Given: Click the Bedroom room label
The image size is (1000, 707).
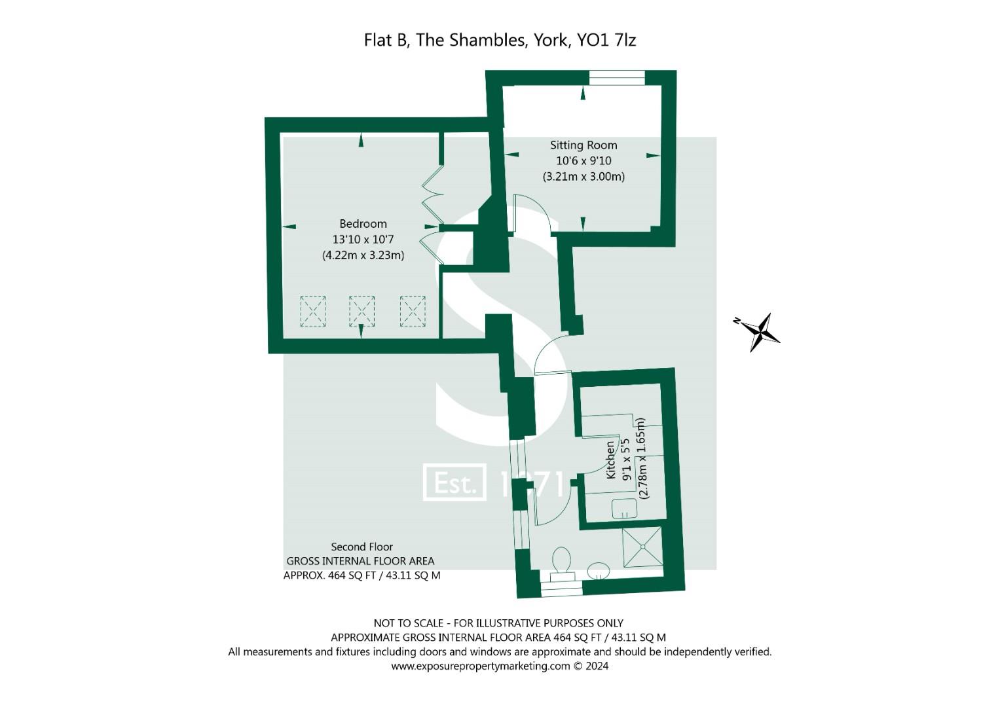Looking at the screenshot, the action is (363, 224).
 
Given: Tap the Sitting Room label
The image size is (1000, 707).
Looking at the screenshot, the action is (583, 145).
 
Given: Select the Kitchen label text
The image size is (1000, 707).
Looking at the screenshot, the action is (610, 460).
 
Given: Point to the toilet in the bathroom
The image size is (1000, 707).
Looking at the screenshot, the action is (562, 564).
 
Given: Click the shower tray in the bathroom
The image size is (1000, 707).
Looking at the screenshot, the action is (642, 547).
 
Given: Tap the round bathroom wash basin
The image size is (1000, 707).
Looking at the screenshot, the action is (598, 570).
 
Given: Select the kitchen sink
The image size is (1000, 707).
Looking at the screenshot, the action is (624, 509).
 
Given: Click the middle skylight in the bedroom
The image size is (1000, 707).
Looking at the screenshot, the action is (361, 311).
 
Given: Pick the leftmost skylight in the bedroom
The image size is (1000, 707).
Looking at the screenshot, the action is (312, 311).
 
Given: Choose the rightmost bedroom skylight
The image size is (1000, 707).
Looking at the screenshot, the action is (413, 311).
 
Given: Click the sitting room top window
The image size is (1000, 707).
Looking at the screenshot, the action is (617, 78).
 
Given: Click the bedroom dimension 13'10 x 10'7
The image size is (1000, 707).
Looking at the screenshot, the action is (363, 240).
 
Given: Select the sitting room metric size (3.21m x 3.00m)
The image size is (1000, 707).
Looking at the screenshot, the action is (583, 177).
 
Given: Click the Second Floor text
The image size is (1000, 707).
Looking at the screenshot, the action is (361, 547).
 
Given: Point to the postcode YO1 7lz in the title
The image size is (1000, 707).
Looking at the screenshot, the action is (606, 40).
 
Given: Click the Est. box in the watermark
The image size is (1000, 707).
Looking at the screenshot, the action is (454, 482).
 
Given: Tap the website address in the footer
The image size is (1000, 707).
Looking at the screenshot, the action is (481, 666).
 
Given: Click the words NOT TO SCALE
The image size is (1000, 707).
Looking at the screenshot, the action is (409, 623).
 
